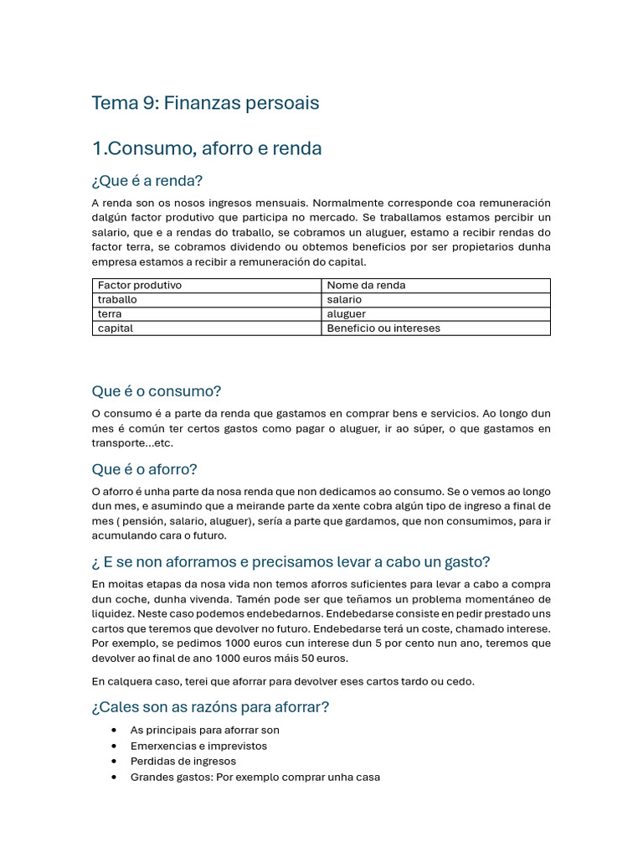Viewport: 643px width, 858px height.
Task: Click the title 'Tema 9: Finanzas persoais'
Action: point(205,103)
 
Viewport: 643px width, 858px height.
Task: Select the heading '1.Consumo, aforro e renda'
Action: point(207,148)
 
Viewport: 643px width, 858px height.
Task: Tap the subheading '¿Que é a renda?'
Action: point(147,181)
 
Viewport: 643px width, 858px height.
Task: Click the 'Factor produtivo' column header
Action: point(140,285)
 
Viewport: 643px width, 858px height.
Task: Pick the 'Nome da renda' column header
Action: point(366,285)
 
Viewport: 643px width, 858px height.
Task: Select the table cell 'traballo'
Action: point(117,299)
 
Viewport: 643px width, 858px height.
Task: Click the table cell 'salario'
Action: point(344,299)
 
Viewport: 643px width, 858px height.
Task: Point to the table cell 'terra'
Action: point(110,313)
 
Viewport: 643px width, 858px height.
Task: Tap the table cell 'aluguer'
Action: point(347,313)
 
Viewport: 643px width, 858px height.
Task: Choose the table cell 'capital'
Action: point(116,328)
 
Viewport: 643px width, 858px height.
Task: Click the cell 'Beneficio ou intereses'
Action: point(383,328)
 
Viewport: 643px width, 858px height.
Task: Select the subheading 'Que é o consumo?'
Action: point(157,391)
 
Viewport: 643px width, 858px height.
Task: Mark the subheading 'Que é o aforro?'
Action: point(145,469)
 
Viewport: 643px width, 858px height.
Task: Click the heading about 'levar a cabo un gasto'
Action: point(291,561)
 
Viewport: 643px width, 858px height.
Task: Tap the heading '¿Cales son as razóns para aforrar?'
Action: point(210,707)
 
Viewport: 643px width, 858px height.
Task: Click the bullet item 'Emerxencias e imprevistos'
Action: point(198,746)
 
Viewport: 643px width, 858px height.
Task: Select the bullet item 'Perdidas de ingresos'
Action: point(183,761)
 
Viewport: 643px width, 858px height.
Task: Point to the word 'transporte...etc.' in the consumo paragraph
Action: point(132,443)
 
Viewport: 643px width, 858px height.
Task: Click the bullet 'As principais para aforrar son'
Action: point(204,730)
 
